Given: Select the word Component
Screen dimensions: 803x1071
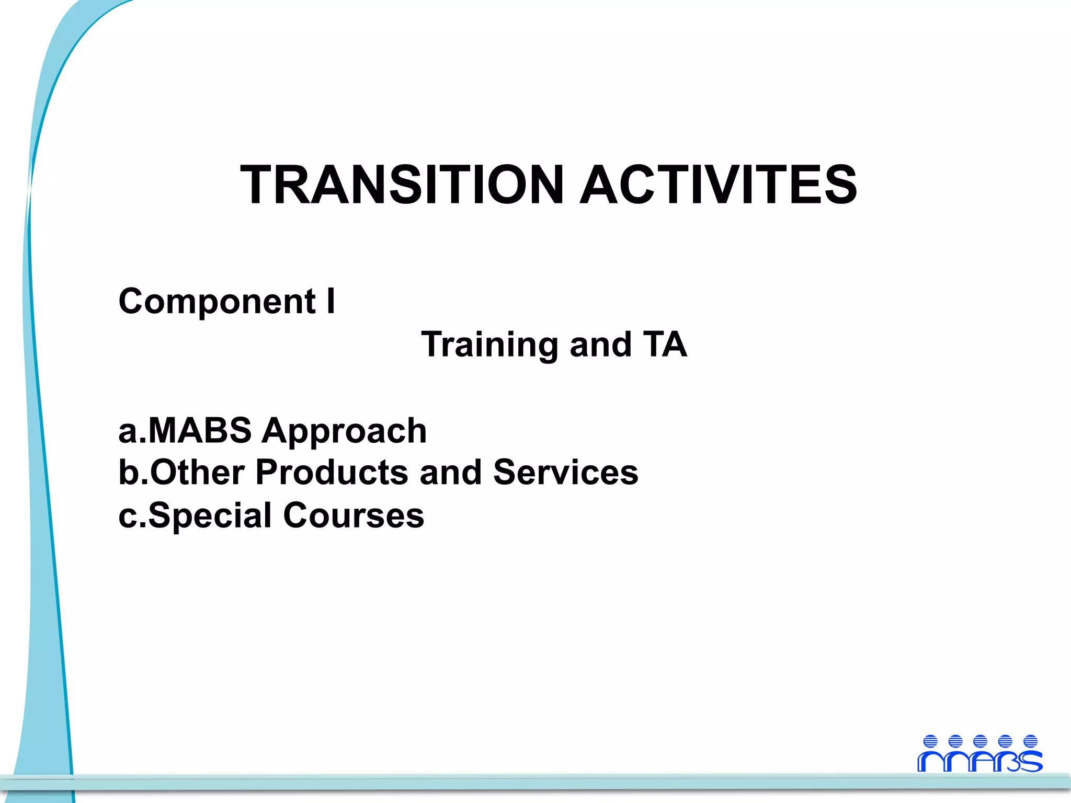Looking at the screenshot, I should click(x=217, y=302).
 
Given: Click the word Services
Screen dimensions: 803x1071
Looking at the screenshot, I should click(x=565, y=472).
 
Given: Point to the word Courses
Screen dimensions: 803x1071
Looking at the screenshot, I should click(x=354, y=515).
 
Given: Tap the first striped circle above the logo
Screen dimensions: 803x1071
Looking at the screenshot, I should click(x=930, y=741).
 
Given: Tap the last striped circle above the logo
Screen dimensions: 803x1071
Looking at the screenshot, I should click(x=1030, y=741).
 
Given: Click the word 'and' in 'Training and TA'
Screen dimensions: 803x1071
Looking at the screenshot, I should click(x=600, y=345).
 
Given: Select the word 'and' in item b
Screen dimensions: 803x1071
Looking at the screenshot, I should click(x=450, y=472).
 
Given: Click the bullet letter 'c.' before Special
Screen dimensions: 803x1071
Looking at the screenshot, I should click(x=130, y=516).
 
